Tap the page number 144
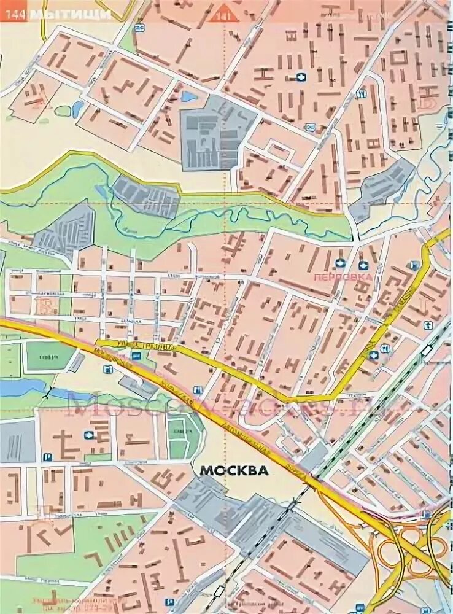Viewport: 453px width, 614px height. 15,15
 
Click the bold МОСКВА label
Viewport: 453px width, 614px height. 233,471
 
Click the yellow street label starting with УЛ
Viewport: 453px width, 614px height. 139,348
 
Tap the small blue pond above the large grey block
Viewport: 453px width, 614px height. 189,97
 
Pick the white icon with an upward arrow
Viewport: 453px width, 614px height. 427,324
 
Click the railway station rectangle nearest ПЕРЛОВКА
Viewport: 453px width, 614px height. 424,351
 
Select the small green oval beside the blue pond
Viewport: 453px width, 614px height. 63,111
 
